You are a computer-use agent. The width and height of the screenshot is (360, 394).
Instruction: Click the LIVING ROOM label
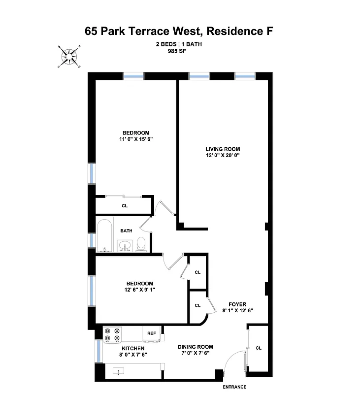223,149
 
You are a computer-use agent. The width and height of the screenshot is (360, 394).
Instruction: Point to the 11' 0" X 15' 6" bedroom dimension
135,139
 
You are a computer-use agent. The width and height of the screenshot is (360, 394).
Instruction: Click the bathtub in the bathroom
104,235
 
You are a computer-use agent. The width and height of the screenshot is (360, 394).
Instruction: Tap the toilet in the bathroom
141,243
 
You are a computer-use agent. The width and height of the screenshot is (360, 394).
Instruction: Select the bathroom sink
125,244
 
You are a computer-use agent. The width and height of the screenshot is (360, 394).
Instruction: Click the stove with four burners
112,334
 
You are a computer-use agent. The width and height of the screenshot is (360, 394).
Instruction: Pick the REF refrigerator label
151,333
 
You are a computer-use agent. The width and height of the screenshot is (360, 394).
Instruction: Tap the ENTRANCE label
234,387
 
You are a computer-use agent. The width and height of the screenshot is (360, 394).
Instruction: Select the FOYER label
237,304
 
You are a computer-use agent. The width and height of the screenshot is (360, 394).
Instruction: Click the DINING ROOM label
196,347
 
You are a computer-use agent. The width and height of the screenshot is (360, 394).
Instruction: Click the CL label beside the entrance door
259,348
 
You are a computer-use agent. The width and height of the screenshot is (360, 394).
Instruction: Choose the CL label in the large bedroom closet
124,205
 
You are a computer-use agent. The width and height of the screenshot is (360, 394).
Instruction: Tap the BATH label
126,230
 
